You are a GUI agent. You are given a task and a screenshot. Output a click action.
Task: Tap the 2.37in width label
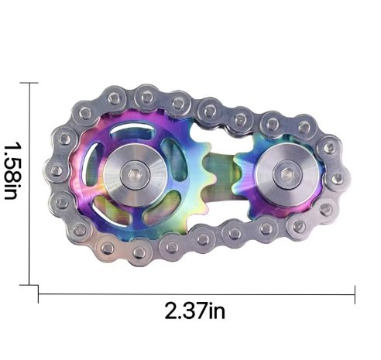pyautogui.click(x=194, y=311)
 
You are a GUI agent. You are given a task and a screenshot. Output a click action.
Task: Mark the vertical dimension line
pyautogui.click(x=30, y=186)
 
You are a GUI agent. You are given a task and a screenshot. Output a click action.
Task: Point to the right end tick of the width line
pyautogui.click(x=355, y=292)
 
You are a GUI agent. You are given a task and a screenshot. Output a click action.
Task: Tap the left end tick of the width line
pyautogui.click(x=39, y=292)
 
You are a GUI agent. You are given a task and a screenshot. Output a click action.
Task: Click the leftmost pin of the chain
pyautogui.click(x=56, y=169)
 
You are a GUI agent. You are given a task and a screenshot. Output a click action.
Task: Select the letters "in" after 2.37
pyautogui.click(x=217, y=311)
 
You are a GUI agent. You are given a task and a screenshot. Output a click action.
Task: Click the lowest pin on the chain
pyautogui.click(x=139, y=252)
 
